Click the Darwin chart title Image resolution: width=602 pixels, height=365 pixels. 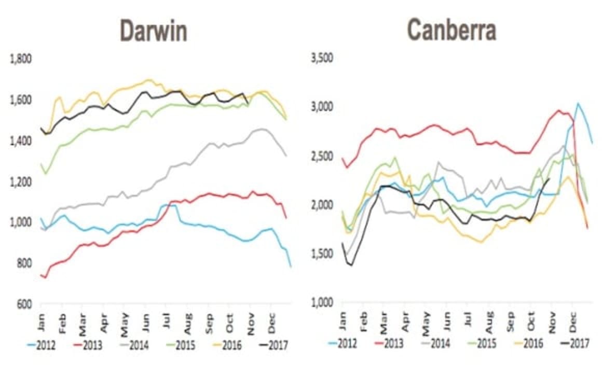[x=153, y=31]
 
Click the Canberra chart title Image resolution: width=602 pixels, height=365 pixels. [x=451, y=30]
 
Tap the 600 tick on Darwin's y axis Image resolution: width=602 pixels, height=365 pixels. [x=25, y=304]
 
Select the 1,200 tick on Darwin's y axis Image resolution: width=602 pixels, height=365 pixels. [x=21, y=181]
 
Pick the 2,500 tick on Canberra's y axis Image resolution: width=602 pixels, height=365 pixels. [x=322, y=156]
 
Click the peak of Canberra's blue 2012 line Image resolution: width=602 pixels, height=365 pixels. [x=578, y=103]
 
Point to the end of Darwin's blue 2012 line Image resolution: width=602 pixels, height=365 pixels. [x=291, y=266]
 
